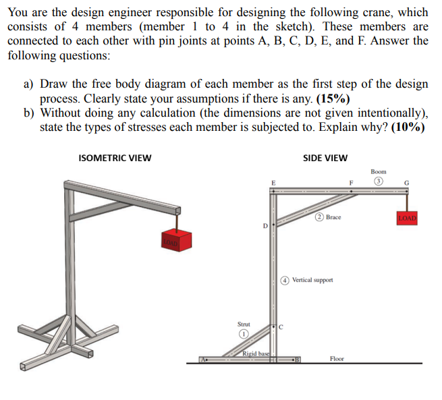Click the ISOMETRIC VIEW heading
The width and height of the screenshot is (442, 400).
[x=115, y=159]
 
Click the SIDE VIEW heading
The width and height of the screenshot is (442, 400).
[x=325, y=159]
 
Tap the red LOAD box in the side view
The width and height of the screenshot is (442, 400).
[x=408, y=219]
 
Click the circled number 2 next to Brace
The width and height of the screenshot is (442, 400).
[x=318, y=217]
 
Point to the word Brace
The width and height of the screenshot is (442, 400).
[x=333, y=217]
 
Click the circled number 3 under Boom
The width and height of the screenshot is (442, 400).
[x=379, y=181]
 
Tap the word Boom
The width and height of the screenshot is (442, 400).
[x=379, y=172]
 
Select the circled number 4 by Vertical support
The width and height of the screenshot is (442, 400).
[x=285, y=279]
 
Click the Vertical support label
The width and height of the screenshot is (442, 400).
[x=312, y=279]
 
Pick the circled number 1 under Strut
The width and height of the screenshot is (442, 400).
[x=241, y=334]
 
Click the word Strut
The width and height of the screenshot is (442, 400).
[x=242, y=324]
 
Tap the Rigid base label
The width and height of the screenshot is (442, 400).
[x=256, y=354]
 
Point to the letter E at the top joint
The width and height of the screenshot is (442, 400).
[x=273, y=181]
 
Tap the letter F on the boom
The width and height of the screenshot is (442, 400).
[x=351, y=181]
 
